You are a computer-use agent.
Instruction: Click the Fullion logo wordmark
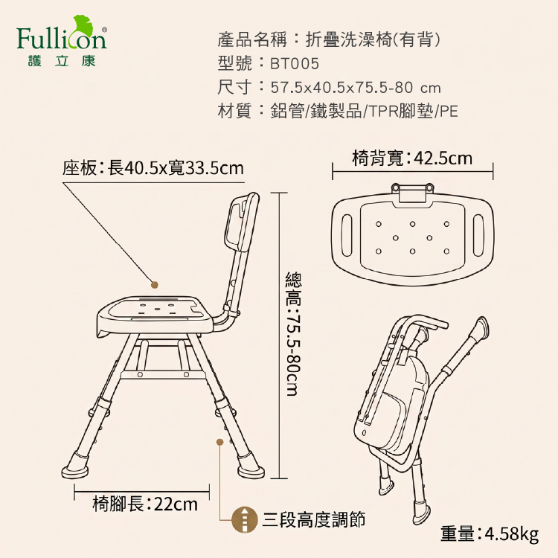(61, 39)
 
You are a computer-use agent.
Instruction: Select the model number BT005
(295, 64)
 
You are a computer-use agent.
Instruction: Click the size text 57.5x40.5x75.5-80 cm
(356, 88)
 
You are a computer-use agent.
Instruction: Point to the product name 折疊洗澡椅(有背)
(373, 39)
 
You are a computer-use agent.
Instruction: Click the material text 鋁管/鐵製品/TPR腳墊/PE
(364, 111)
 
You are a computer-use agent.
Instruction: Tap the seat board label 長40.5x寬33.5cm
(176, 168)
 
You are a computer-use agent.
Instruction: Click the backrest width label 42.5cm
(443, 158)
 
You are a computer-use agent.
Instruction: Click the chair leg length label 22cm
(176, 504)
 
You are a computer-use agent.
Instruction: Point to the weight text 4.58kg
(512, 533)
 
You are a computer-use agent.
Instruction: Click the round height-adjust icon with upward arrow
(244, 519)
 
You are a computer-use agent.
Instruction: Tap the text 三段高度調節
(314, 519)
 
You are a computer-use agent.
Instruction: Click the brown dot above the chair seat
(155, 285)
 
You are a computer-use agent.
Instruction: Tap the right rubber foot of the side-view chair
(250, 466)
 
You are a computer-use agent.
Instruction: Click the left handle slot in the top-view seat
(347, 235)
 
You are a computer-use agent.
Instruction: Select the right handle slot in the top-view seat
(478, 235)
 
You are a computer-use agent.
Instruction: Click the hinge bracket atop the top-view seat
(413, 193)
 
